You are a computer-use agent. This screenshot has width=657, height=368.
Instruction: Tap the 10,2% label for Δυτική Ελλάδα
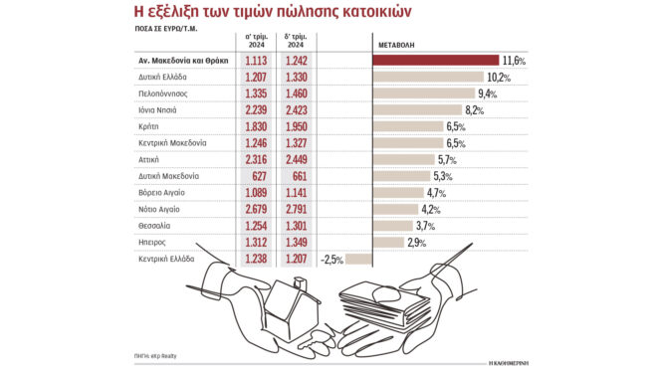point(498,79)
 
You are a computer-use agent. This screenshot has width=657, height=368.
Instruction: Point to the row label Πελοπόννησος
point(164,94)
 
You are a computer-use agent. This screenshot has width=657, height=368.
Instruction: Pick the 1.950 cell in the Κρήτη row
point(297,128)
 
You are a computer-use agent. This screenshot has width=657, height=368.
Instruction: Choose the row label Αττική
point(150,160)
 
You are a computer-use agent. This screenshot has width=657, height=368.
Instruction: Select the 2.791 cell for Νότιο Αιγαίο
point(297,210)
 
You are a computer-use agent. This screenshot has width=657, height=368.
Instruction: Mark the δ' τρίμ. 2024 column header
point(297,41)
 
